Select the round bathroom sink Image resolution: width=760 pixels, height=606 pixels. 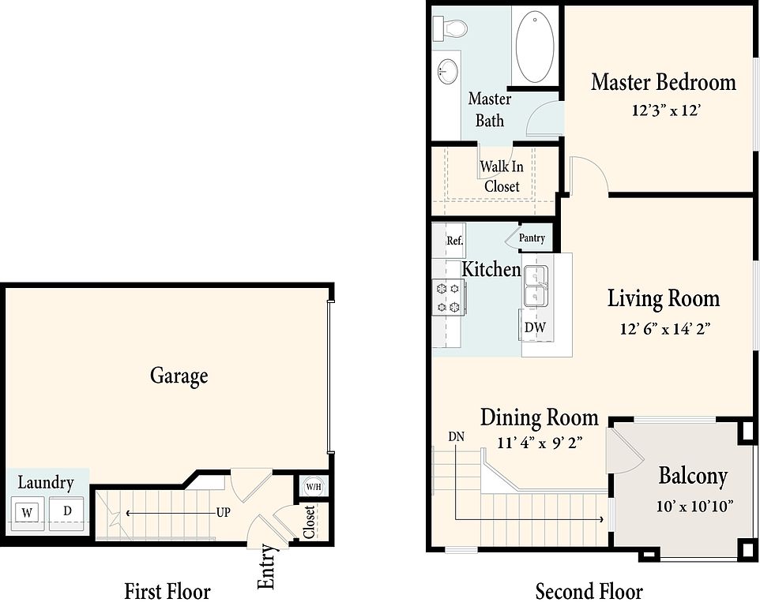[x=448, y=72]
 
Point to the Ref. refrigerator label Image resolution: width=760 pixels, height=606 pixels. [x=454, y=241]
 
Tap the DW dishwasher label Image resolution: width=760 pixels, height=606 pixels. [x=535, y=327]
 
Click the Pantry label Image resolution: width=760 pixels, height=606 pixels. [x=532, y=238]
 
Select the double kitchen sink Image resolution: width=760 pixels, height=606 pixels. [x=535, y=286]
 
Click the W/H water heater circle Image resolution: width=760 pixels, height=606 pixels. [x=314, y=486]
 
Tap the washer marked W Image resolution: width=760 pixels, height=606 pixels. [x=28, y=512]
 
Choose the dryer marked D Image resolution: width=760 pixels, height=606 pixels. [x=67, y=511]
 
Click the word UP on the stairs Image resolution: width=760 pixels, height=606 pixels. [x=223, y=512]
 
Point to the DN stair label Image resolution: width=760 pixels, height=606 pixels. [x=456, y=436]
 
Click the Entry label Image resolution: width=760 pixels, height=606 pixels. [x=266, y=567]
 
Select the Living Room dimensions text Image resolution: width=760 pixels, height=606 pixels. [x=664, y=329]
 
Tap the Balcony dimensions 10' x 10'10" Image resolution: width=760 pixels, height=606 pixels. [x=694, y=507]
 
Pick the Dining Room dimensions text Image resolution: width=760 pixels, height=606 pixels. [x=540, y=443]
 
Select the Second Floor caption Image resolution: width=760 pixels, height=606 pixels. [x=589, y=591]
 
